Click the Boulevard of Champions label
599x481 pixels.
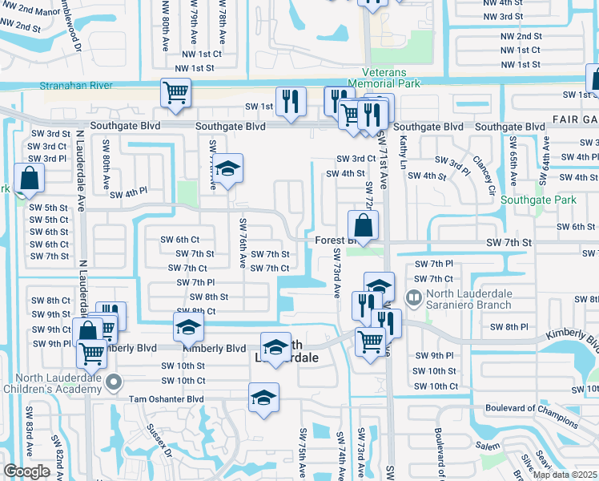531,421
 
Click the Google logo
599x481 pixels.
27,471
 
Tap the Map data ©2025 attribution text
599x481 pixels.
564,475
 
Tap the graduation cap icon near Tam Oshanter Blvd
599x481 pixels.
263,397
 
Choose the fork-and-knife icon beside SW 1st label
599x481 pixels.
290,100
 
